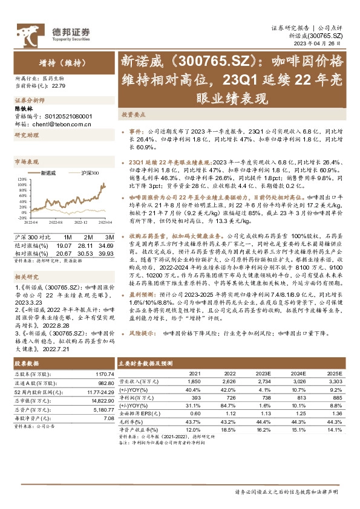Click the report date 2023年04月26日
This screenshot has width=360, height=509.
tap(324, 44)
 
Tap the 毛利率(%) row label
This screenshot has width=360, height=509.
tap(132, 421)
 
